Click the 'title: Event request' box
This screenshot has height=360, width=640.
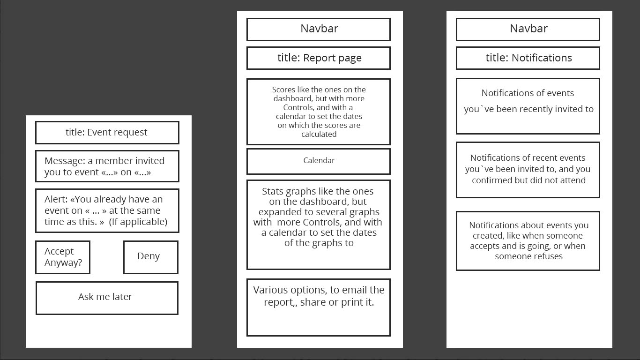pyautogui.click(x=107, y=132)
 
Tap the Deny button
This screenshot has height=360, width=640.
pyautogui.click(x=151, y=257)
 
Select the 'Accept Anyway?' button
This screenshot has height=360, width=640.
pyautogui.click(x=63, y=257)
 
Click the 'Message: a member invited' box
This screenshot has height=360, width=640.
pyautogui.click(x=107, y=166)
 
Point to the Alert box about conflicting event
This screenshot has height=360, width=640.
pyautogui.click(x=107, y=210)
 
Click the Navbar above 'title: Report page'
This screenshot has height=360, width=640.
pyautogui.click(x=319, y=30)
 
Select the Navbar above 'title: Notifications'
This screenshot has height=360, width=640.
pyautogui.click(x=528, y=30)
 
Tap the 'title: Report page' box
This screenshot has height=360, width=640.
pyautogui.click(x=319, y=58)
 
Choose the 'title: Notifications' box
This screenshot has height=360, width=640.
pyautogui.click(x=528, y=58)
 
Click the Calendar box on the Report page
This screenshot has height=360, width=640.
pyautogui.click(x=319, y=161)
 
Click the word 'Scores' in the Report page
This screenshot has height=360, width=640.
pyautogui.click(x=283, y=90)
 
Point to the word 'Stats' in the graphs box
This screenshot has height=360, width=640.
pyautogui.click(x=273, y=191)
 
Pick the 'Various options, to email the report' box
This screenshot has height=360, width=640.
pyautogui.click(x=319, y=307)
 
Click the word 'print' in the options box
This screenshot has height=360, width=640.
pyautogui.click(x=352, y=302)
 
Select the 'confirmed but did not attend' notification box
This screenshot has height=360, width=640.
pyautogui.click(x=528, y=170)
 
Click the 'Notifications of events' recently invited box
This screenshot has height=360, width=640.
pyautogui.click(x=528, y=106)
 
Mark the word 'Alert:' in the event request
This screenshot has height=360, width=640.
pyautogui.click(x=56, y=199)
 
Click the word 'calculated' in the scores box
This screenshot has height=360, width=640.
pyautogui.click(x=319, y=134)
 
